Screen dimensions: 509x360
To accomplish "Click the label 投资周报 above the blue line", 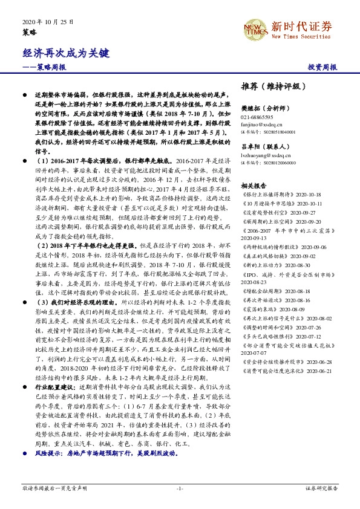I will click(322, 67).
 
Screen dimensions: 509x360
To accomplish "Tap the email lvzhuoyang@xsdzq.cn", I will click(263, 155).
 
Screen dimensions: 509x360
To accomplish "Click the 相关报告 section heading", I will click(254, 186).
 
